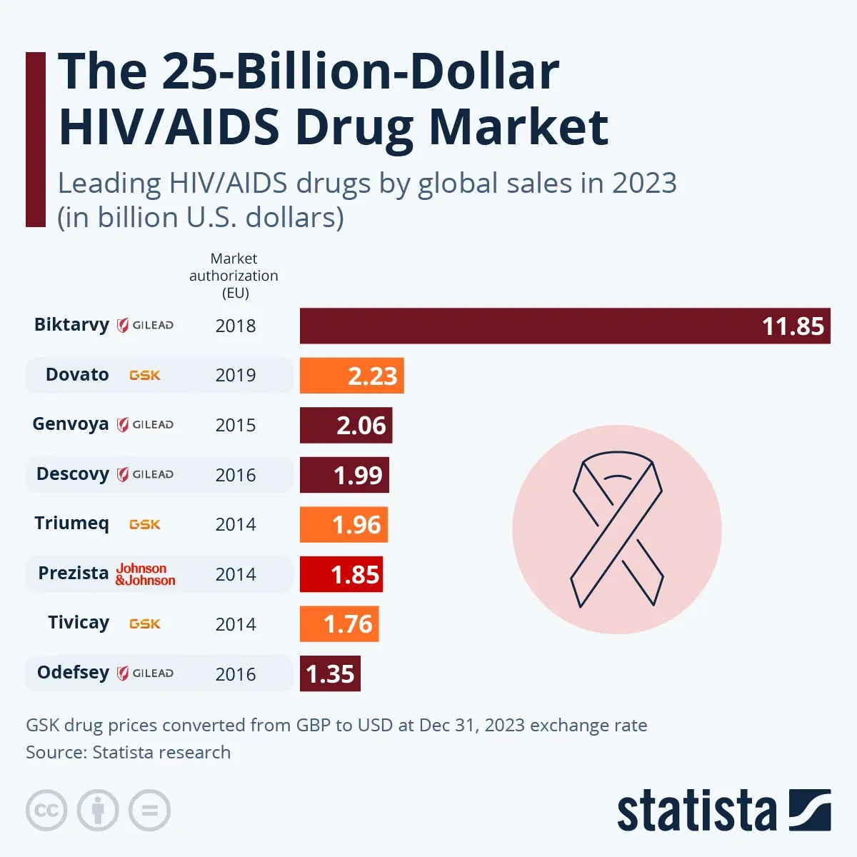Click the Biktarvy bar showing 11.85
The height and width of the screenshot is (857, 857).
(564, 326)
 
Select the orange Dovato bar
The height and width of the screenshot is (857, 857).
(351, 376)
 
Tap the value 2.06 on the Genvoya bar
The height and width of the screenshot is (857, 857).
(361, 426)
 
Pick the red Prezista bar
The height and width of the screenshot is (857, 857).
(341, 574)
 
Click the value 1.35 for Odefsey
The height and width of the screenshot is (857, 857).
(330, 673)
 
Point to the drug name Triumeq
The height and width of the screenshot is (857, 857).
(71, 523)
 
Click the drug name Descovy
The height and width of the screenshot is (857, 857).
(73, 474)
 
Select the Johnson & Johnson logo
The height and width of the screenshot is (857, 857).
(146, 574)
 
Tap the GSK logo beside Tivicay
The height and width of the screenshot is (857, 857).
(145, 623)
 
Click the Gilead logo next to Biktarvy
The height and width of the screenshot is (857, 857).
(146, 326)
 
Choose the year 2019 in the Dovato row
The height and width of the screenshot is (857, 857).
(236, 376)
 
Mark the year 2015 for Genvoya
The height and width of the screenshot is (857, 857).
(236, 425)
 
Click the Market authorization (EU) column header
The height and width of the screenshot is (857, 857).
(234, 276)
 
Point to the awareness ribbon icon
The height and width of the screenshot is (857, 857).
(617, 530)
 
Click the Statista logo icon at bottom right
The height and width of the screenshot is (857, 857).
(810, 810)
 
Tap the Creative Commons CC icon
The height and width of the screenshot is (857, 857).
(46, 811)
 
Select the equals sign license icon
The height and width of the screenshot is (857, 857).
(149, 811)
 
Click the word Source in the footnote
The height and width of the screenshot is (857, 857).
(54, 752)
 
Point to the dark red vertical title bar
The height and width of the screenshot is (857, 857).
(36, 139)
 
